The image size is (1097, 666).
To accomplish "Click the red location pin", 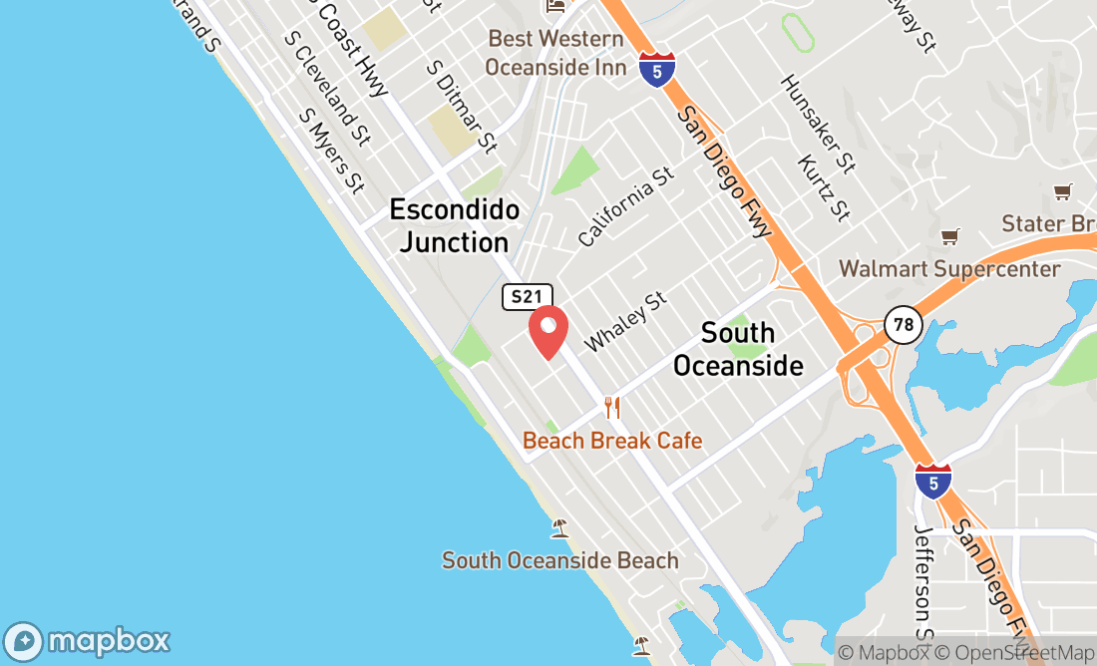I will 548,332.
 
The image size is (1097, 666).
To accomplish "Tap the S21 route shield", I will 528,296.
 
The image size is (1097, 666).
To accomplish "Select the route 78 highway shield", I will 902,324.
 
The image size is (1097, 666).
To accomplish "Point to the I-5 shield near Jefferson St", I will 932,482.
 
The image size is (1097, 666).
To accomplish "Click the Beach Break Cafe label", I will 612,441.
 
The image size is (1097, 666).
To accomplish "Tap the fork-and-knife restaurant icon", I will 612,408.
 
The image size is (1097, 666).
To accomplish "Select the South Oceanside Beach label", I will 560,560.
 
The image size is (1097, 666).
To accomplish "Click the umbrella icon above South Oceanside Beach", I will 560,527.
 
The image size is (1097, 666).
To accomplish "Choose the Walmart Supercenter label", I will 949,269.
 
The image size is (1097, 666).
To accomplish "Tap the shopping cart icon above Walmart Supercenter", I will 949,237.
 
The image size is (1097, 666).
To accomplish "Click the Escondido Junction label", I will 455,226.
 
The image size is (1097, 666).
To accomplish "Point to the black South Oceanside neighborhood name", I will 738,349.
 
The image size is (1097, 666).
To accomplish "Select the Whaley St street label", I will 624,321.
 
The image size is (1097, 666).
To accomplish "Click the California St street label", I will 625,207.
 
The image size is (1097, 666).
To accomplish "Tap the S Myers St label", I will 331,151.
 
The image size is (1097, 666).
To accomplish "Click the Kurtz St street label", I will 825,187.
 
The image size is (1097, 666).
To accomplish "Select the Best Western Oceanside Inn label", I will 555,53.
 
